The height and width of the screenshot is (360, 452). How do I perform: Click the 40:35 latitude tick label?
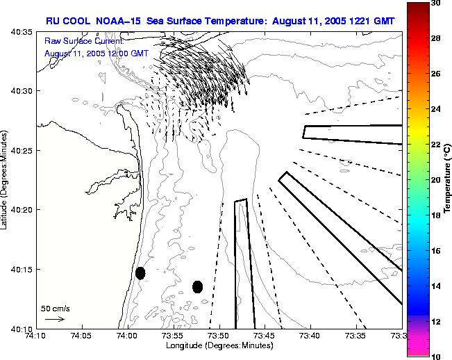23,33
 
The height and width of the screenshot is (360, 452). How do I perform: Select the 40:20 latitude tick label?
23,209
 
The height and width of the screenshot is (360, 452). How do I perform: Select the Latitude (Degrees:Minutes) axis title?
6,180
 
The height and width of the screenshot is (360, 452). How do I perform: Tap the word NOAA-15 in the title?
117,21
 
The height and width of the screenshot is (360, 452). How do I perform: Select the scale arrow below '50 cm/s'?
55,319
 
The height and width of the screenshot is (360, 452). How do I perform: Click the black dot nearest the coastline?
140,273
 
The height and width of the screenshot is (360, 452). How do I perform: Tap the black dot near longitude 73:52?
197,286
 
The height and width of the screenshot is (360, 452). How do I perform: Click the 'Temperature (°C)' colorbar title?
449,180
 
